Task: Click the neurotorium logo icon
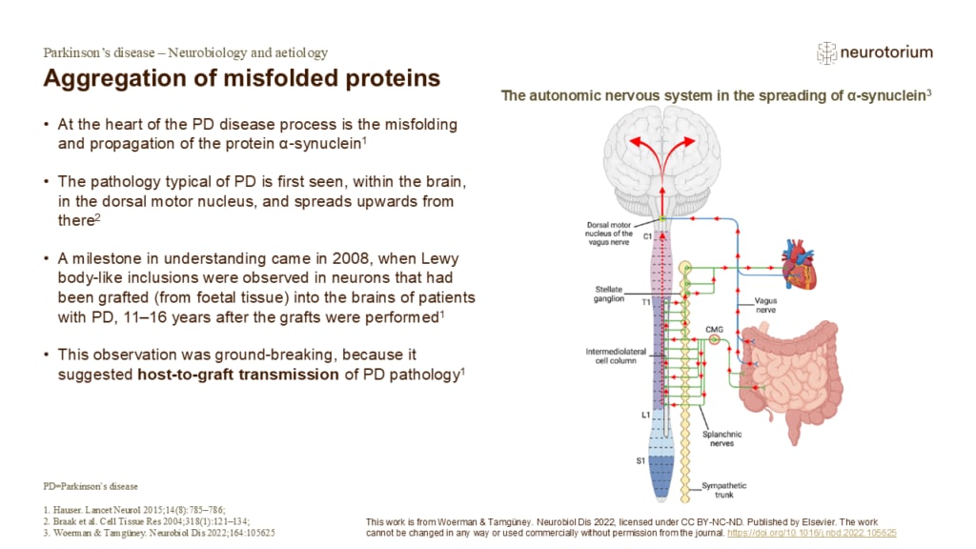click(x=826, y=53)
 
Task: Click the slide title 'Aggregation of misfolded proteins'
click(x=242, y=78)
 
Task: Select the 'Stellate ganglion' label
click(x=604, y=293)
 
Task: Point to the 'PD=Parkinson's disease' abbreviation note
click(x=91, y=486)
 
